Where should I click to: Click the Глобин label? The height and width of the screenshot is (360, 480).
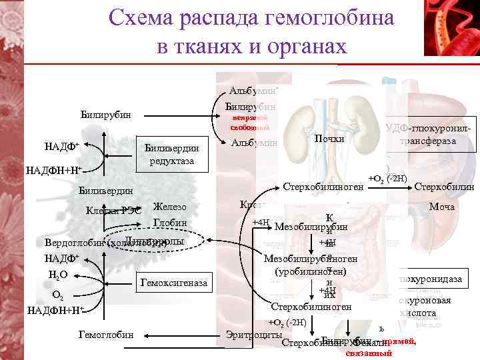tap(169, 223)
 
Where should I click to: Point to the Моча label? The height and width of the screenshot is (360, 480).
tap(442, 207)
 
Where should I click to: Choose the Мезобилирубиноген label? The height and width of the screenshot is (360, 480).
tap(311, 259)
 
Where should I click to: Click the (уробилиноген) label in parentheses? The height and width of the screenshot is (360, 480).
tap(310, 272)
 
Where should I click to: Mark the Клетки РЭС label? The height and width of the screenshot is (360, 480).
tap(113, 211)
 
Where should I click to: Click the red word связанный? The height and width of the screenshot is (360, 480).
tap(369, 353)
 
